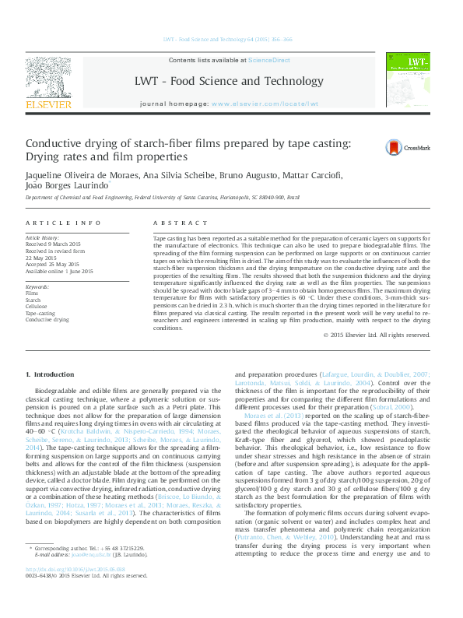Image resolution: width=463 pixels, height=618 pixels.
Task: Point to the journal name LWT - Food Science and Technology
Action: pyautogui.click(x=229, y=82)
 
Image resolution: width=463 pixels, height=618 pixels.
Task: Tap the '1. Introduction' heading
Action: pyautogui.click(x=51, y=375)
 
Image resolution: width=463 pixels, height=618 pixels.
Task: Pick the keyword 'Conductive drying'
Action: pyautogui.click(x=47, y=319)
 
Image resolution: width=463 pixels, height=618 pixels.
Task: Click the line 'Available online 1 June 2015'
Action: pyautogui.click(x=59, y=271)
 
